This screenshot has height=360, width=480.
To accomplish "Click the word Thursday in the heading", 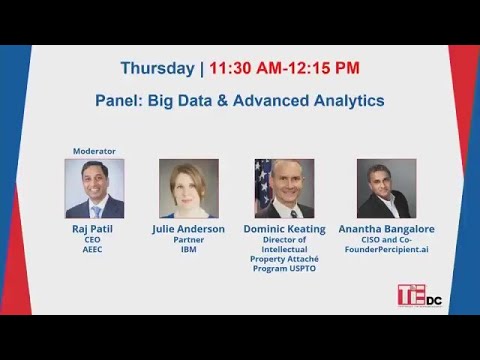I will [x=158, y=69].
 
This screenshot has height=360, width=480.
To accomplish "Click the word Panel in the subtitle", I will [x=118, y=101].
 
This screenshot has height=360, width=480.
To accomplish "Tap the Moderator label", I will [x=94, y=151].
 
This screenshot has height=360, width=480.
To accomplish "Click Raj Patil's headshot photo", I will [x=94, y=188].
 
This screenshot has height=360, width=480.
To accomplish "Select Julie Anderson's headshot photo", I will [x=188, y=188].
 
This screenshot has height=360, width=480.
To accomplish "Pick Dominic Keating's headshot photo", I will [x=284, y=188].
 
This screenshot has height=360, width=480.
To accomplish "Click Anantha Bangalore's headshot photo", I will [x=386, y=188].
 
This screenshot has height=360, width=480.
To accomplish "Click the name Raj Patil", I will [x=94, y=229].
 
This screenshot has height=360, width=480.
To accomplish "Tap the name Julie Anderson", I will [x=188, y=229].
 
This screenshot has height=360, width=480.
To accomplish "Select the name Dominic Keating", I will [x=284, y=229].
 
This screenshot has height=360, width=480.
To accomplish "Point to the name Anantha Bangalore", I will [x=386, y=229].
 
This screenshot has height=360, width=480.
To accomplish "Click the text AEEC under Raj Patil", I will [x=94, y=250].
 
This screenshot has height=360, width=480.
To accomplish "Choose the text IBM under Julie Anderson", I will [x=188, y=250].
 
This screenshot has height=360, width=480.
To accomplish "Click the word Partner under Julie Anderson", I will [x=188, y=240].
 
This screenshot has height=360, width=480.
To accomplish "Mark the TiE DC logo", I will [x=418, y=295].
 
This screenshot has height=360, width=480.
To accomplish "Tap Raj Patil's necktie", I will [x=96, y=210].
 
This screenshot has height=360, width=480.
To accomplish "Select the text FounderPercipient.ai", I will [x=386, y=250].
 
